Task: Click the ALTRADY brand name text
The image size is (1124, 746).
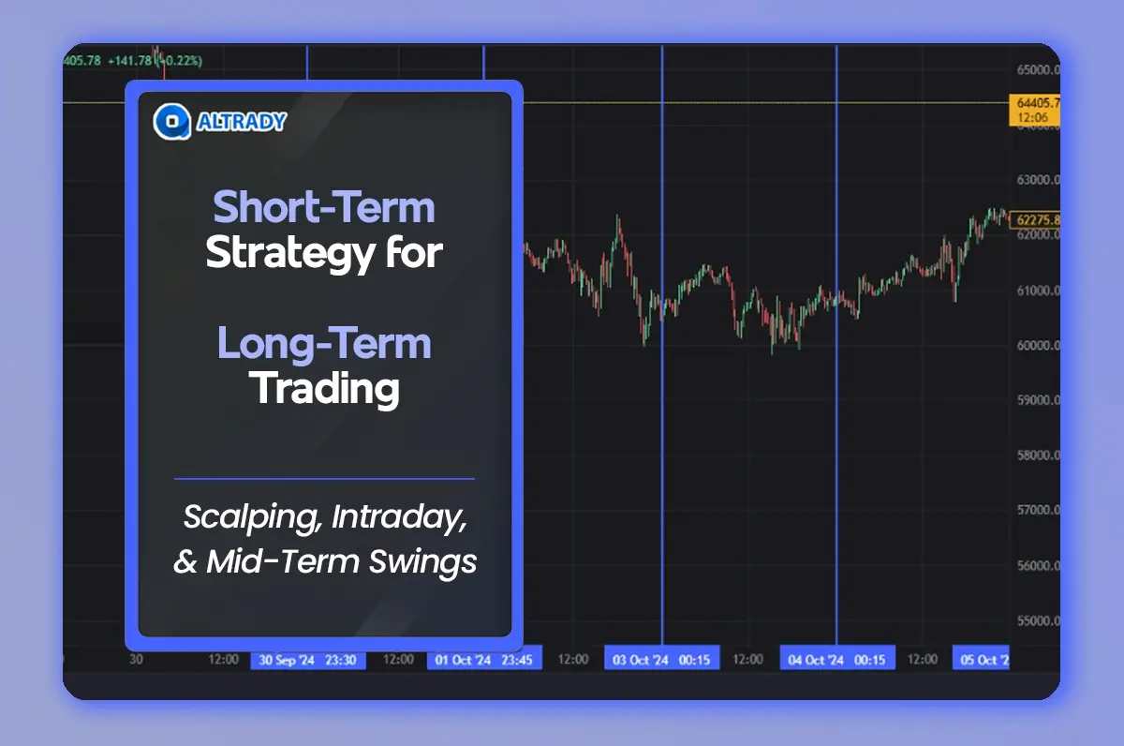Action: click(241, 121)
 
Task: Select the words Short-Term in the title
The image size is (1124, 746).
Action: click(324, 207)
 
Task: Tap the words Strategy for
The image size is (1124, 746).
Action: click(324, 253)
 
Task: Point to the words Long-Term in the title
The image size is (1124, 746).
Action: click(324, 343)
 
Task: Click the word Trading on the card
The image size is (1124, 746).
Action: click(324, 388)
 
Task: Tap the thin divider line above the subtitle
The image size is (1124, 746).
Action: click(324, 479)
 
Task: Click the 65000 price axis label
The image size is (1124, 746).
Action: click(1038, 69)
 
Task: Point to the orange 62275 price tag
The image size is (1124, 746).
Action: click(1035, 220)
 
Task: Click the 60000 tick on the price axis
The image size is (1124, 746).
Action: click(1038, 346)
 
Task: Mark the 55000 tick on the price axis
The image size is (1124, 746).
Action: click(1038, 621)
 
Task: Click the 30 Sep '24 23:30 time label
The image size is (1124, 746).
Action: click(307, 660)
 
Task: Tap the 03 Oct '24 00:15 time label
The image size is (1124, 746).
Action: click(660, 660)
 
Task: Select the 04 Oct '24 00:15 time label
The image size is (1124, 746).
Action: click(836, 660)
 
